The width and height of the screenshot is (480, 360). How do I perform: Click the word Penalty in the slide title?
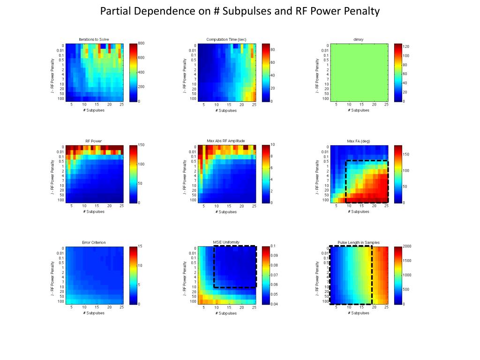click(x=360, y=11)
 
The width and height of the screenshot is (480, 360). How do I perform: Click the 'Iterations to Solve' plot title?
click(x=94, y=39)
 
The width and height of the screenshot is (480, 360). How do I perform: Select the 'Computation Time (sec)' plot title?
click(x=226, y=39)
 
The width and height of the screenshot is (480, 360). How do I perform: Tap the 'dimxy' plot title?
click(x=359, y=39)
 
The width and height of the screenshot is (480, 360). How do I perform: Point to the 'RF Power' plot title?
click(x=94, y=141)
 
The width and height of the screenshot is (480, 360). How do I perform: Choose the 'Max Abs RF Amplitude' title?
click(x=226, y=141)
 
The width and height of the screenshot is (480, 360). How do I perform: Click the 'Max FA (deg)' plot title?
click(x=359, y=141)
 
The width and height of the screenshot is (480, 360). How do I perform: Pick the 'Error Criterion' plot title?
click(x=94, y=242)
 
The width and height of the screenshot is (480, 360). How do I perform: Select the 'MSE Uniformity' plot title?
click(x=226, y=242)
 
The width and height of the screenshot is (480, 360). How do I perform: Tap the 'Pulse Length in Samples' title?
click(x=359, y=242)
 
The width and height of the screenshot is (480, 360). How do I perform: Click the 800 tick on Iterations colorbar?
click(x=141, y=44)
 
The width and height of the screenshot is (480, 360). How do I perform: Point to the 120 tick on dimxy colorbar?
click(x=406, y=47)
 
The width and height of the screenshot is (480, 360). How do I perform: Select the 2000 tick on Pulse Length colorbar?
click(x=407, y=246)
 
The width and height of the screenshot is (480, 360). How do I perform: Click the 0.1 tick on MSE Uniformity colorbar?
click(x=273, y=246)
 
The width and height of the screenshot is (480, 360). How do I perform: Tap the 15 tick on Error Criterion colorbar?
click(x=140, y=246)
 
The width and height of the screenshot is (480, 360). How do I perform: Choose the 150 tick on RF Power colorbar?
click(x=141, y=145)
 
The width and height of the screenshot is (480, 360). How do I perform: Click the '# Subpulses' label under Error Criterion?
click(x=94, y=313)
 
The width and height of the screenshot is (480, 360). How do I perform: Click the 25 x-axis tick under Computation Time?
click(x=255, y=105)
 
